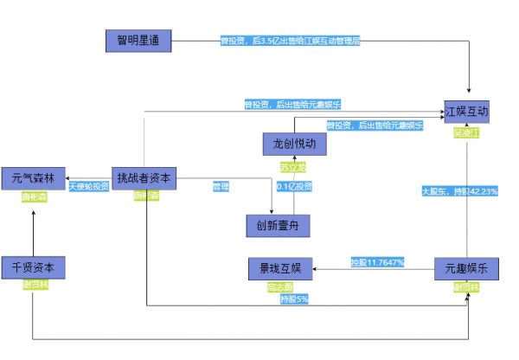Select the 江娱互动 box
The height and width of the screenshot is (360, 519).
(467, 112)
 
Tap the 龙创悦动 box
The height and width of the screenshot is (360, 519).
(294, 144)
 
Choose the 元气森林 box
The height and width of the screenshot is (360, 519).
(34, 178)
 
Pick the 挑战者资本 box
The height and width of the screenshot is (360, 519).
(145, 178)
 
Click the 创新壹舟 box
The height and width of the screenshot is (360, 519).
(278, 226)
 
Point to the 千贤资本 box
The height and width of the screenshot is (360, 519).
(34, 267)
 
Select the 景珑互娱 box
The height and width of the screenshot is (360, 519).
(279, 268)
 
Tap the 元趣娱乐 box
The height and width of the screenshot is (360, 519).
(467, 268)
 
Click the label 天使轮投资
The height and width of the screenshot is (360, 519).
(89, 186)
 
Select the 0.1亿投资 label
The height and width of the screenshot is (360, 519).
(294, 186)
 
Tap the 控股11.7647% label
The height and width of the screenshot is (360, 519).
(378, 262)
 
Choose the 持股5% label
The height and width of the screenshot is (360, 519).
(294, 299)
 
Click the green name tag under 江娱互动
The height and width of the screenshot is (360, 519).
(466, 133)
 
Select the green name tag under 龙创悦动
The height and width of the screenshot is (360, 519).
(293, 166)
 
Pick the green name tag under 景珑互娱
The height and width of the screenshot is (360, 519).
(279, 286)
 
